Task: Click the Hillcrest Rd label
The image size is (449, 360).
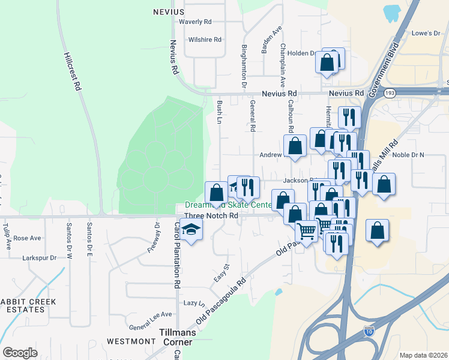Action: click(x=71, y=71)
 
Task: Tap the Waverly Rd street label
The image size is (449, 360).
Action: click(x=196, y=22)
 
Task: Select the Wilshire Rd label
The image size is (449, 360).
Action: click(x=205, y=40)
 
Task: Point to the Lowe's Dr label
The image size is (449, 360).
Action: click(x=426, y=34)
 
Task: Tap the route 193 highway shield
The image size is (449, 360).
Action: click(x=390, y=93)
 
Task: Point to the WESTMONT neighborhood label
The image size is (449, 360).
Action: click(x=131, y=341)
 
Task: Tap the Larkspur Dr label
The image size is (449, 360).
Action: click(x=40, y=257)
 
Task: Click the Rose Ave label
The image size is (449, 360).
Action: click(x=27, y=238)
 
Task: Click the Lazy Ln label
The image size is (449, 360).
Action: click(x=194, y=303)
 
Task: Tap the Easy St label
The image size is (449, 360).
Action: click(x=223, y=274)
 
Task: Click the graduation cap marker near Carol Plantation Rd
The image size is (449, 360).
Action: click(x=191, y=230)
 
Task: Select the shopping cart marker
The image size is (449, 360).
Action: click(x=307, y=230)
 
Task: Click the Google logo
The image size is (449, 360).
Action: click(x=20, y=353)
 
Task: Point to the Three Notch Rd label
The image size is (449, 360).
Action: click(x=211, y=215)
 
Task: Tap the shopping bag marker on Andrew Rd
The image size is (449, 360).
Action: click(x=295, y=146)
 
